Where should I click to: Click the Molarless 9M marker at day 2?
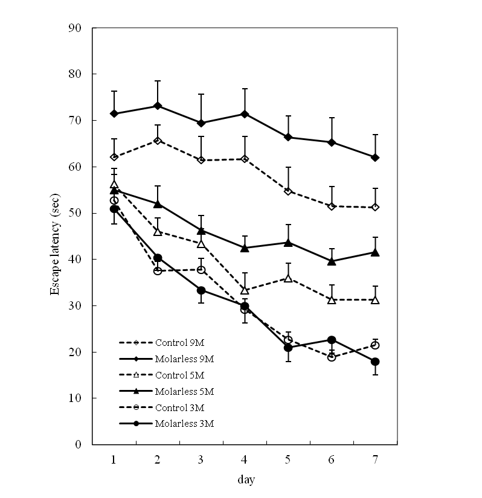point(158,106)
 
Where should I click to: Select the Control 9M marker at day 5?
point(288,191)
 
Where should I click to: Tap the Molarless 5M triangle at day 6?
point(332,261)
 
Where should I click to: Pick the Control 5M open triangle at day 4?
point(245,290)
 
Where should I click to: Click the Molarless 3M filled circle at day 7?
point(375,362)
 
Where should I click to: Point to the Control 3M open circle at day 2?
point(158,271)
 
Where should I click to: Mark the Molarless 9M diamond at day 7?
point(375,158)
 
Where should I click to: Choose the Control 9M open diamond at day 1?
point(114,157)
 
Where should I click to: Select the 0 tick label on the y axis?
point(79,445)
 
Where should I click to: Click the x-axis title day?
point(245,480)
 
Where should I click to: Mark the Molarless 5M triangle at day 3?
point(201,230)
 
